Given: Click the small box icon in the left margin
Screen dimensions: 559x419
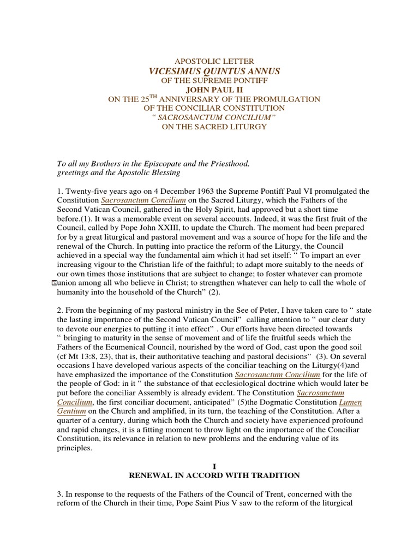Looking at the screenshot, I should click(x=53, y=283).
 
